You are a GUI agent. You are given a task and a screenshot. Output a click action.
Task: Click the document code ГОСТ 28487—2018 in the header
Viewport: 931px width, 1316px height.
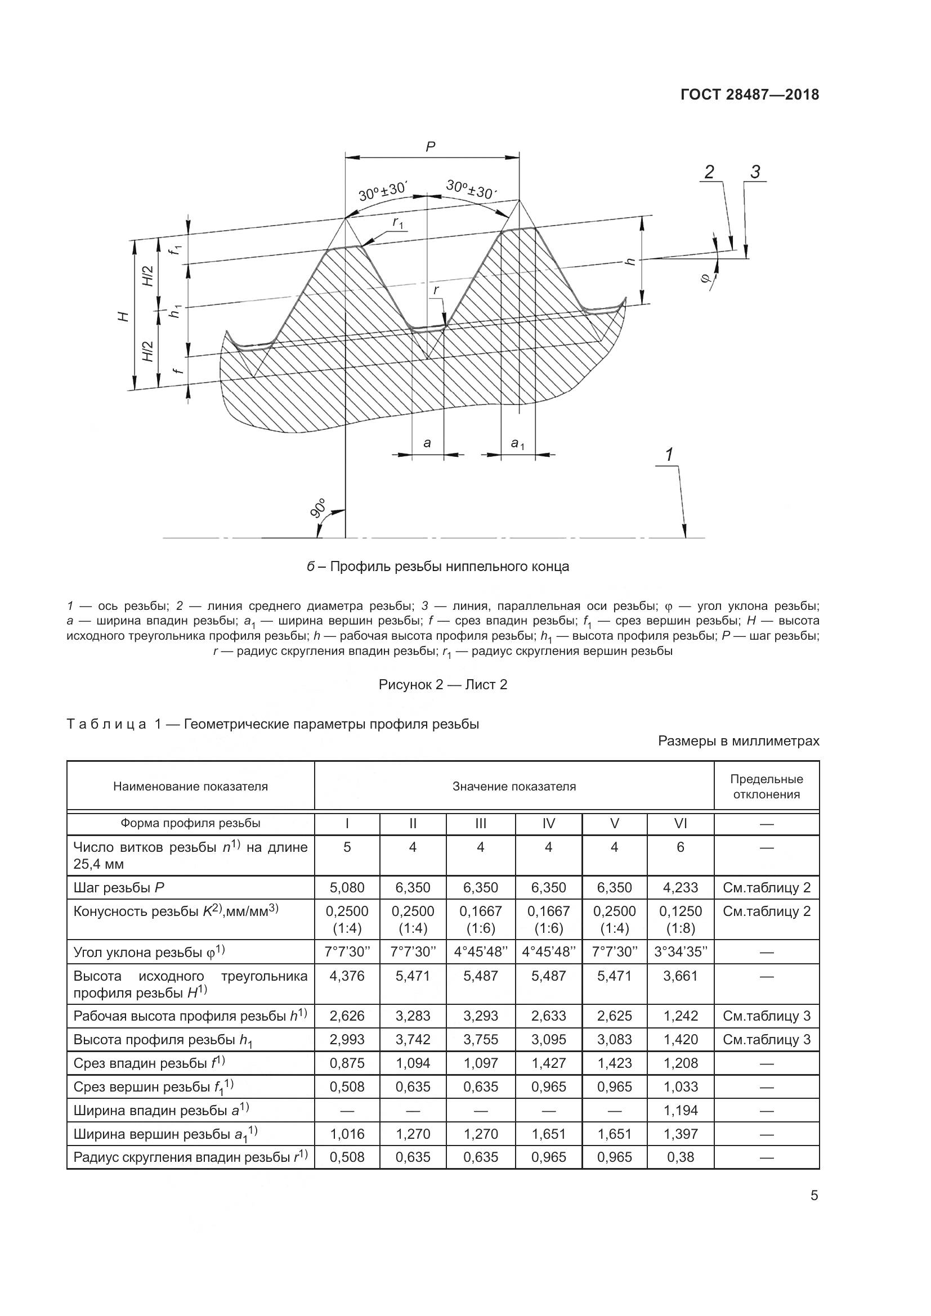click(x=749, y=95)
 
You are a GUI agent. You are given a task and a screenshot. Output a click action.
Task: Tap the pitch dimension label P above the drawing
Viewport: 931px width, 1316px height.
click(x=431, y=147)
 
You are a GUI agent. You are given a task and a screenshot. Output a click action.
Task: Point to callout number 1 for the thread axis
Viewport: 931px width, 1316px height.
click(x=669, y=455)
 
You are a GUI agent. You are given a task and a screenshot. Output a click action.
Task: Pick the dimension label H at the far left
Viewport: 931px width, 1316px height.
click(x=122, y=316)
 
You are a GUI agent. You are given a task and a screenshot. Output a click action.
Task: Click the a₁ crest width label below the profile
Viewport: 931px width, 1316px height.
click(x=518, y=443)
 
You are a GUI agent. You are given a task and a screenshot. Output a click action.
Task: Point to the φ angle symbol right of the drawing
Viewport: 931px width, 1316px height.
click(x=705, y=278)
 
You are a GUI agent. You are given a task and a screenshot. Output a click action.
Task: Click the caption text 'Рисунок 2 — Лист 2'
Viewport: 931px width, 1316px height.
click(x=442, y=685)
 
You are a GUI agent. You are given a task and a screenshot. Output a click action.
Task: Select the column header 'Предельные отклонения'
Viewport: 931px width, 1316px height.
click(x=766, y=787)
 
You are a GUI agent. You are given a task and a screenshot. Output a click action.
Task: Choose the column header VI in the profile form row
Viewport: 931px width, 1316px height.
click(x=680, y=824)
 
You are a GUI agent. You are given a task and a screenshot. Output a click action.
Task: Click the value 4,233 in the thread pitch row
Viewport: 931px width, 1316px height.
click(x=681, y=888)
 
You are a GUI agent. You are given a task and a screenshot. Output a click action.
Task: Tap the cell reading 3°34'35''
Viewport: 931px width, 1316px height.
click(x=681, y=952)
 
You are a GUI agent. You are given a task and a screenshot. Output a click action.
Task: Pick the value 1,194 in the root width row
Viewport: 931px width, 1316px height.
click(x=681, y=1110)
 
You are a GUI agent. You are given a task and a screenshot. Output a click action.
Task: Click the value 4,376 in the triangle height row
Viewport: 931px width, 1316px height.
click(x=347, y=976)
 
